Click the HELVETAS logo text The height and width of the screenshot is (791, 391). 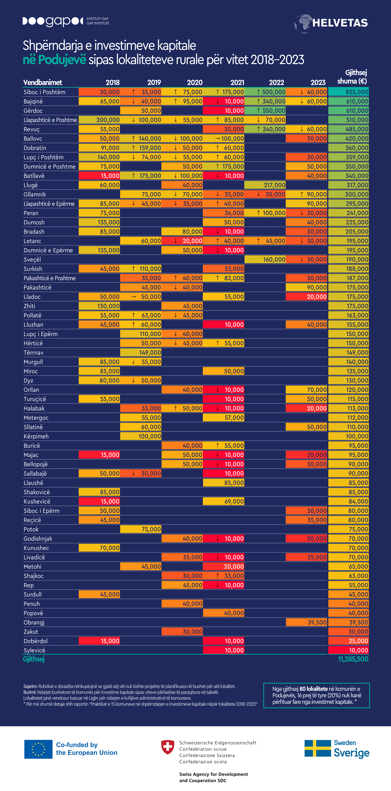(340, 23)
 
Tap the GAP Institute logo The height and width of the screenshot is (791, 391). (66, 21)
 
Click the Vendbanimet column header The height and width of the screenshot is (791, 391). (43, 82)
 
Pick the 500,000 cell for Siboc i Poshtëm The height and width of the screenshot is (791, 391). (265, 92)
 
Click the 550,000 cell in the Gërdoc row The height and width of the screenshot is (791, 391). (265, 111)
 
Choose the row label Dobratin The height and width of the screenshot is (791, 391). (35, 148)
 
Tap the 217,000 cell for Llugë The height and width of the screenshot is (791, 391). (265, 185)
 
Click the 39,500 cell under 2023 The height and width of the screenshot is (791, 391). (306, 622)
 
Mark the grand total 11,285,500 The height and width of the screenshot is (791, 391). (353, 659)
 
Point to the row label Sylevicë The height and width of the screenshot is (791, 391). (34, 650)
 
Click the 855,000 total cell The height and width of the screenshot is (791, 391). (348, 92)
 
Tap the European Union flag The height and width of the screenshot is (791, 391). (38, 749)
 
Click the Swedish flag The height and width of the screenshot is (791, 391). (317, 748)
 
